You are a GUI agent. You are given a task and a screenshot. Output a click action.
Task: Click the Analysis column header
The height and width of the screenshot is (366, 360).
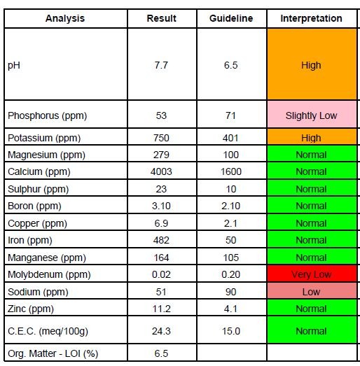click(x=65, y=18)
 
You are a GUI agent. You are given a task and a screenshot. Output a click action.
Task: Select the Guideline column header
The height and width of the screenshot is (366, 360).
click(x=231, y=18)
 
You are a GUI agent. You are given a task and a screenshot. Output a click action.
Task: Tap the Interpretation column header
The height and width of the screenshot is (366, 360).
click(x=311, y=18)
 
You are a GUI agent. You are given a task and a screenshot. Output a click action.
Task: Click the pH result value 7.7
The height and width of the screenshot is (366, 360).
click(x=161, y=65)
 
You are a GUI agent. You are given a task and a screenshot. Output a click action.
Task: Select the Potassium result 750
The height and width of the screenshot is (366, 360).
click(x=161, y=138)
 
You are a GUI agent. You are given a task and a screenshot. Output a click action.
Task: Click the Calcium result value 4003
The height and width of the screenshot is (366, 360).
click(x=161, y=171)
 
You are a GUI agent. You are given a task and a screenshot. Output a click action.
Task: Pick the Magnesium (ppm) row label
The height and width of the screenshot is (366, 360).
click(x=46, y=155)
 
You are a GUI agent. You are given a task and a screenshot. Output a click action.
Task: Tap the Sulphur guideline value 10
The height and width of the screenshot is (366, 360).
click(x=231, y=189)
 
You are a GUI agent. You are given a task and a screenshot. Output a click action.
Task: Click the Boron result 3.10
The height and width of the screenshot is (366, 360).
click(x=161, y=206)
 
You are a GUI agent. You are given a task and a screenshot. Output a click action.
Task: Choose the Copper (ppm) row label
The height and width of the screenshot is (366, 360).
click(x=37, y=223)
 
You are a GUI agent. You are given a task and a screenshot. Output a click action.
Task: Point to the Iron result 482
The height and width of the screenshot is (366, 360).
click(x=161, y=240)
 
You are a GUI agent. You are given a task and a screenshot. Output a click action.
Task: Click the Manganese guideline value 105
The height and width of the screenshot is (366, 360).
click(x=231, y=258)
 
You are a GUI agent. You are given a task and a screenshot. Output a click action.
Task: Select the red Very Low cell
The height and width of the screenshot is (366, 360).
click(x=312, y=274)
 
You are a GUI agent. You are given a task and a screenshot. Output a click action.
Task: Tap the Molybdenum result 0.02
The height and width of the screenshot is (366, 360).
click(x=161, y=274)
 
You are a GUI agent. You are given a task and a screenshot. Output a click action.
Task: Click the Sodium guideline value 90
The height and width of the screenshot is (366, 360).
click(x=231, y=292)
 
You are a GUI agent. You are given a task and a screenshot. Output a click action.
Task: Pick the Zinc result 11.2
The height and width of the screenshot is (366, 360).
click(x=161, y=309)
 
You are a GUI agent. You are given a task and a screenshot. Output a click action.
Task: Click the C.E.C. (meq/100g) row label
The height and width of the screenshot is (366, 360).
click(x=48, y=331)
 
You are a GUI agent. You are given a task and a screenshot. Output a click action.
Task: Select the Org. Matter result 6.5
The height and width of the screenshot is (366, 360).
click(x=161, y=353)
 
